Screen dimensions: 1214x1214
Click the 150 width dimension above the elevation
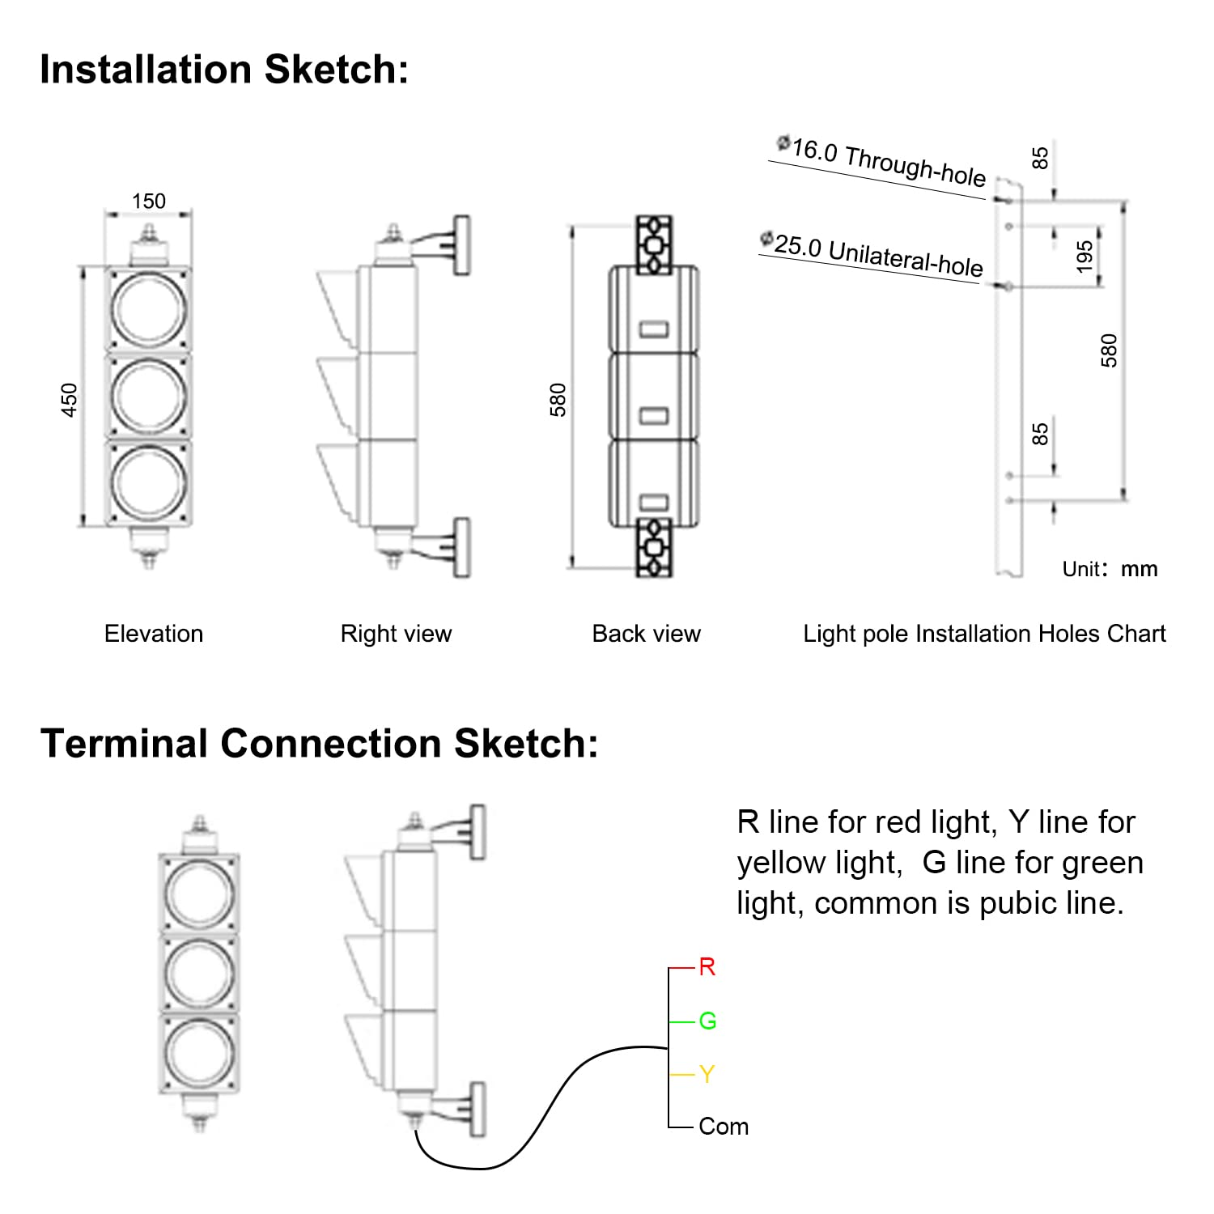(149, 201)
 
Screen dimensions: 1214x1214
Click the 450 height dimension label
(70, 400)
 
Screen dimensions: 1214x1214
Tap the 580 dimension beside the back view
(558, 400)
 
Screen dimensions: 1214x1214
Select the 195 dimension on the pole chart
(1085, 256)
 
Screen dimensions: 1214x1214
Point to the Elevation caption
(154, 634)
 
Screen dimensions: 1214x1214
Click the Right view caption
(396, 634)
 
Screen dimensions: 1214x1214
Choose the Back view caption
(646, 634)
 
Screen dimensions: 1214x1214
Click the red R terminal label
(707, 967)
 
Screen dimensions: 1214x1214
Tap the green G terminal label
(707, 1021)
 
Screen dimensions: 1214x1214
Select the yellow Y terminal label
(707, 1075)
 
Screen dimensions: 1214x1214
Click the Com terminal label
(724, 1127)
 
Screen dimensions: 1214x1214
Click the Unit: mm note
(1110, 569)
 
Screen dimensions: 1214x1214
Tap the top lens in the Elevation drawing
(149, 309)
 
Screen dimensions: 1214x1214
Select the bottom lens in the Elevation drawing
(149, 482)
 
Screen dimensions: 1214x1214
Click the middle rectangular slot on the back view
(654, 416)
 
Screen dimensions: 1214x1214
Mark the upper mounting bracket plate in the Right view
(461, 245)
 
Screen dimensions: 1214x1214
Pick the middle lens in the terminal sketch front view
(199, 974)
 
